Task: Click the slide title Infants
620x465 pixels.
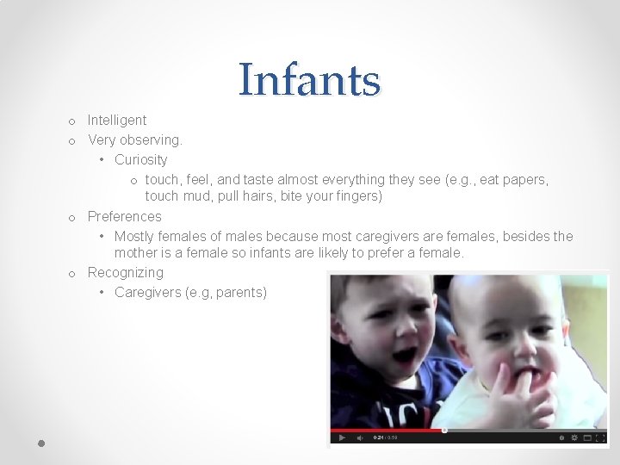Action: pyautogui.click(x=309, y=80)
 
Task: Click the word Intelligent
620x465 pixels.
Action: pyautogui.click(x=117, y=121)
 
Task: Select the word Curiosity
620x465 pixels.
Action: pyautogui.click(x=141, y=160)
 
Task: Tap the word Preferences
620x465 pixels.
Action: pyautogui.click(x=125, y=217)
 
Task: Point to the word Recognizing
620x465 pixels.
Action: pyautogui.click(x=126, y=273)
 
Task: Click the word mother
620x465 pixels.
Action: pyautogui.click(x=136, y=253)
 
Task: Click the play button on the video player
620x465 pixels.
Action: pyautogui.click(x=342, y=438)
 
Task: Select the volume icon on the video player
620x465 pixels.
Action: pyautogui.click(x=358, y=438)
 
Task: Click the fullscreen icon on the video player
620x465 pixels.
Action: pyautogui.click(x=601, y=438)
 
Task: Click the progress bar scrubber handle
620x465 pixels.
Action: pyautogui.click(x=444, y=430)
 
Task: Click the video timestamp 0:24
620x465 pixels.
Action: pyautogui.click(x=377, y=438)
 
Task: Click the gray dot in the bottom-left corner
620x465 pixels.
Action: pyautogui.click(x=41, y=443)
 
